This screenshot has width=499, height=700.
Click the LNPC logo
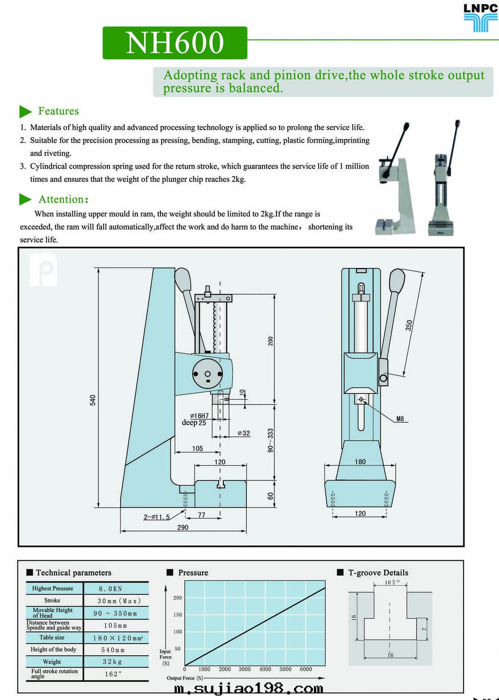480,18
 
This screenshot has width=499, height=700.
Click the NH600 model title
175,43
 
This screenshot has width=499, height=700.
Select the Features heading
58,111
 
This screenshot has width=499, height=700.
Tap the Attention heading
63,199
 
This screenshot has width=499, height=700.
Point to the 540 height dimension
93,400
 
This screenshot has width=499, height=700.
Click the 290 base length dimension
183,527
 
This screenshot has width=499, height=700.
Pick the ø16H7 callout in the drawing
199,416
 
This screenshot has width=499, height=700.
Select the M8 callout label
400,419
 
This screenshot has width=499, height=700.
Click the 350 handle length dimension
409,325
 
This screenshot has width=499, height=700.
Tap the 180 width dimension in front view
360,462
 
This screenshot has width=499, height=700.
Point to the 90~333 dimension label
270,440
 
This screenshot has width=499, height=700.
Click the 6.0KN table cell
110,589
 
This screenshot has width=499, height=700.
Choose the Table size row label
52,637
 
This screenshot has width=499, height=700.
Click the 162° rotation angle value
113,674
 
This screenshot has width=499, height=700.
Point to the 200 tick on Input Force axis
177,598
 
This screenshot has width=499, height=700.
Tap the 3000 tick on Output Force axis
245,669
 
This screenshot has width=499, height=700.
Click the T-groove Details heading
378,573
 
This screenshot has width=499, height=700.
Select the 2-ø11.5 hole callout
156,517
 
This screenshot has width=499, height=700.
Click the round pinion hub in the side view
207,374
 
